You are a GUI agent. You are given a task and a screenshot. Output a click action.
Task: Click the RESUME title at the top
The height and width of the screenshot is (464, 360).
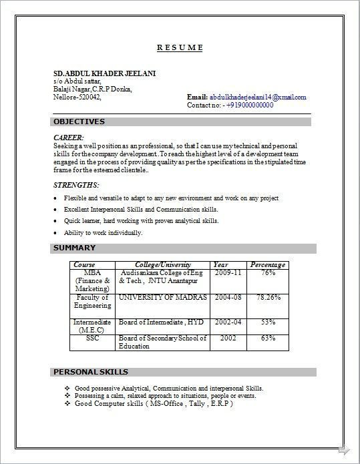pyautogui.click(x=180, y=48)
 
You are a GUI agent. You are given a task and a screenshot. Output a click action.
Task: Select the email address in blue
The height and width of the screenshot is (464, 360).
pyautogui.click(x=258, y=97)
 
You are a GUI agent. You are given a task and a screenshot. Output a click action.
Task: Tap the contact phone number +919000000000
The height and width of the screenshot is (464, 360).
pyautogui.click(x=249, y=105)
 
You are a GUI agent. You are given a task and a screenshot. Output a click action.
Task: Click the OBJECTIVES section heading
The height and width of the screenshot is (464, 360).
pyautogui.click(x=79, y=122)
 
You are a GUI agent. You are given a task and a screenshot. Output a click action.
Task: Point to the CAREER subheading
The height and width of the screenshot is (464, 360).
pyautogui.click(x=68, y=137)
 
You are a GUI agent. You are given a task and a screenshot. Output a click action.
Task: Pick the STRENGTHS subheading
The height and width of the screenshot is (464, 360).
pyautogui.click(x=75, y=184)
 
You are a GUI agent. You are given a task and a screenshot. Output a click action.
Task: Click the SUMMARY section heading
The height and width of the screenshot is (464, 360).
pyautogui.click(x=75, y=248)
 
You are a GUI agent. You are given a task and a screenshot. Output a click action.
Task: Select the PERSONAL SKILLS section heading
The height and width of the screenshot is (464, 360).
pyautogui.click(x=90, y=372)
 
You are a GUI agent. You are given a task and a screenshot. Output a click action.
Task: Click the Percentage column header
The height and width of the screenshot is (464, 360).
pyautogui.click(x=268, y=265)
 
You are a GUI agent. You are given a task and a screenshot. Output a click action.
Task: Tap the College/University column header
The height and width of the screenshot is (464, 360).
pyautogui.click(x=162, y=265)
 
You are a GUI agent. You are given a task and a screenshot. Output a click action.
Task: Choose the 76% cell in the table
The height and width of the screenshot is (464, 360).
pyautogui.click(x=268, y=273)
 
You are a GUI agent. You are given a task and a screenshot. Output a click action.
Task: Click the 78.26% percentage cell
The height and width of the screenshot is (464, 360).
pyautogui.click(x=268, y=297)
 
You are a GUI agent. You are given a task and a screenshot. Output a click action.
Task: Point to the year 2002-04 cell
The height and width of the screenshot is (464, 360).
pyautogui.click(x=228, y=322)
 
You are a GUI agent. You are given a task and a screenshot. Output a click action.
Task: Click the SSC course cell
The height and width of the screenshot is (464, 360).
pyautogui.click(x=93, y=338)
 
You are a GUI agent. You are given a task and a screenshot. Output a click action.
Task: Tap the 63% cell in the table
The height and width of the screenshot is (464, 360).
pyautogui.click(x=268, y=338)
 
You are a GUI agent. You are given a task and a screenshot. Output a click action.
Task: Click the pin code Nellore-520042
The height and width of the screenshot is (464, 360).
pyautogui.click(x=77, y=97)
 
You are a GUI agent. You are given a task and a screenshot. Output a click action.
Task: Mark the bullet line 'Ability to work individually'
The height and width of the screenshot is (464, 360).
pyautogui.click(x=103, y=233)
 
